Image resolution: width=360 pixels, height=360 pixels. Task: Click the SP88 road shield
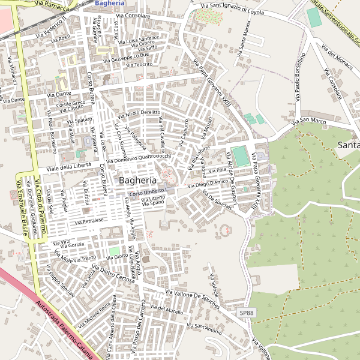coord(247,313)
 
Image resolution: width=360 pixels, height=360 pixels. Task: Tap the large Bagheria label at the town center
coord(137,180)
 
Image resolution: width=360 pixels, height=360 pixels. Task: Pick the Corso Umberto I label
coord(147,193)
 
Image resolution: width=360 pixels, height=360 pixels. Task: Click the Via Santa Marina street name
coord(243,38)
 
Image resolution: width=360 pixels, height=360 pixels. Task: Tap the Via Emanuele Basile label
coord(23,208)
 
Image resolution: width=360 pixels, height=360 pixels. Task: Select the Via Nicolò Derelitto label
coord(143,112)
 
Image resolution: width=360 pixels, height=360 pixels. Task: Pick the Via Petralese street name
coord(89,221)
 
